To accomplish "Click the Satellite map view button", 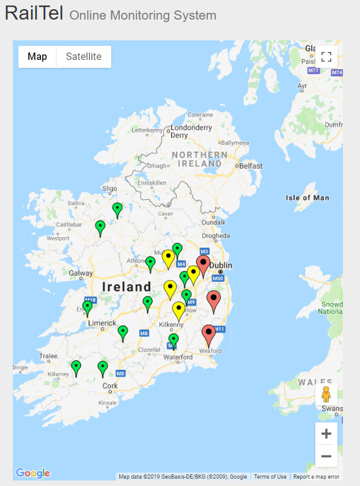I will pos(84,57).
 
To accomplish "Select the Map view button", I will pos(37,57).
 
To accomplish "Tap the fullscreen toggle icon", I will pos(326,57).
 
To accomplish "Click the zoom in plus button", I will pos(326,434).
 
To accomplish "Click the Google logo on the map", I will pos(33,473).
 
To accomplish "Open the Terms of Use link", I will pos(270,477).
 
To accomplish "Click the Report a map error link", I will pos(316,477).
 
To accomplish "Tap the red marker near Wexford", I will pos(209,334).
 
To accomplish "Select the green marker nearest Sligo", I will pos(117,209).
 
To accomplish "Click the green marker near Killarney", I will pos(76,367).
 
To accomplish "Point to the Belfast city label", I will pos(251,166).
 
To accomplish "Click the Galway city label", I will pos(81,273).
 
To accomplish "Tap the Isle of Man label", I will pos(307,197).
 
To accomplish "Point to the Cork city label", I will pos(110,386).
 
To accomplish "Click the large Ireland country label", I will pos(127,287).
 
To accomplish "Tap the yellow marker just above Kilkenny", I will pos(178,309).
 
